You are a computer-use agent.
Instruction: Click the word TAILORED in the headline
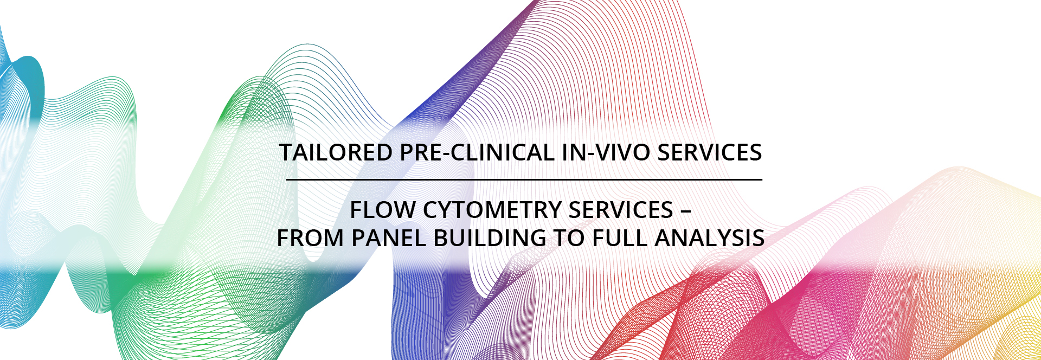click(x=336, y=152)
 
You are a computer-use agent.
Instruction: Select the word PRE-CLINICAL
click(x=477, y=152)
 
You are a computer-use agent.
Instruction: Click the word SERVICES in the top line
click(x=710, y=152)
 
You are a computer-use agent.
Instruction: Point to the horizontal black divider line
click(x=524, y=179)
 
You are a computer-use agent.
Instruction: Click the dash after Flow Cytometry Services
click(x=686, y=211)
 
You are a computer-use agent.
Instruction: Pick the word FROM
click(x=310, y=238)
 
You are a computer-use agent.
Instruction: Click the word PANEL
click(x=388, y=238)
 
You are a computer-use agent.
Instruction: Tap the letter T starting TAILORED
click(x=286, y=152)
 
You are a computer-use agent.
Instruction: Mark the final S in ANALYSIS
click(x=759, y=238)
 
